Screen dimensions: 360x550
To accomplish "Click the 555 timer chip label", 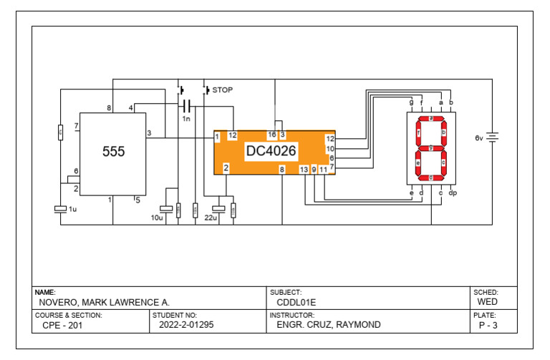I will click(x=113, y=152).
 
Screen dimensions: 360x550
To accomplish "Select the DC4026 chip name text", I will click(x=271, y=151).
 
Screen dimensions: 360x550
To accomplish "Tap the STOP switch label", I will click(x=223, y=90).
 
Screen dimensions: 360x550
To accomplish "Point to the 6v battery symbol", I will click(x=493, y=137).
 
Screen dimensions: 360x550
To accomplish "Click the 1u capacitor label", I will click(x=72, y=209).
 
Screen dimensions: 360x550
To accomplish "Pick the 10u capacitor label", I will click(x=156, y=216).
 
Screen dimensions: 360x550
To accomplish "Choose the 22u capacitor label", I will click(x=211, y=216).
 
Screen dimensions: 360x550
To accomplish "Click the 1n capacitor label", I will click(x=186, y=118).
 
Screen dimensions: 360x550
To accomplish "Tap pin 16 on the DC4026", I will click(x=272, y=135).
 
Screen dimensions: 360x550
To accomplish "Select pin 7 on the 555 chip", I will click(x=77, y=126).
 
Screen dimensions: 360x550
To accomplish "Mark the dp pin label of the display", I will click(x=452, y=193).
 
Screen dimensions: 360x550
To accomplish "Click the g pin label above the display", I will click(x=411, y=102).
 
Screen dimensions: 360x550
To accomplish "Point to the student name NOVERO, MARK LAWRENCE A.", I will click(x=104, y=303).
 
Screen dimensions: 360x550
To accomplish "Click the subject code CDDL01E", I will click(x=296, y=303).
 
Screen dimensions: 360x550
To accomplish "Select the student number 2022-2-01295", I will click(x=186, y=325).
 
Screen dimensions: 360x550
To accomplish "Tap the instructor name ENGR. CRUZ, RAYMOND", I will click(x=328, y=325).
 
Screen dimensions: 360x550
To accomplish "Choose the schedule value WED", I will click(x=487, y=303).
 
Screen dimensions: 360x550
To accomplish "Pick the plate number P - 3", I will click(x=488, y=326).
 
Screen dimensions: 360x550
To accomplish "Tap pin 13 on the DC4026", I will click(x=304, y=170).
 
